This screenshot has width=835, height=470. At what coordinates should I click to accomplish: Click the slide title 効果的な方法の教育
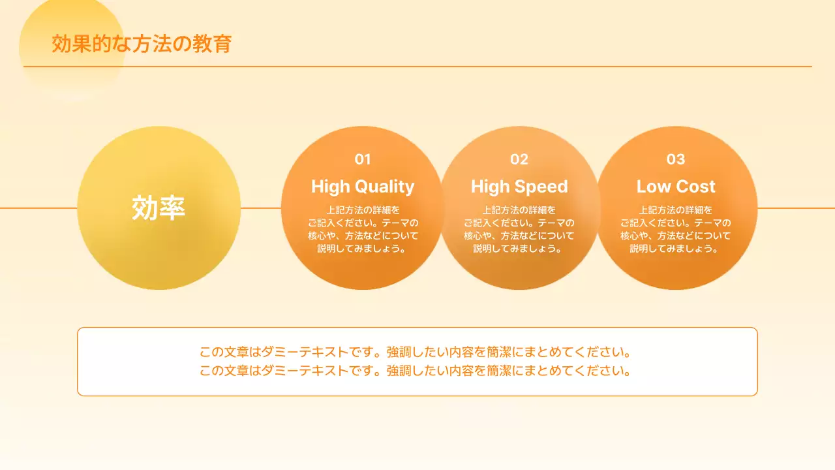click(x=142, y=44)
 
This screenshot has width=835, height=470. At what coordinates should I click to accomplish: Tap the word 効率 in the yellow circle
click(x=159, y=208)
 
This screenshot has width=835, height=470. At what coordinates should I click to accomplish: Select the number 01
click(x=362, y=159)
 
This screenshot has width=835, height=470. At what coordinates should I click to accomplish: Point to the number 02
click(x=519, y=159)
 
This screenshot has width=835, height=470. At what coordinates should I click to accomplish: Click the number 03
click(x=676, y=159)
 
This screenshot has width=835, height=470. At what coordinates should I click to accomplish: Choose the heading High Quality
click(x=362, y=187)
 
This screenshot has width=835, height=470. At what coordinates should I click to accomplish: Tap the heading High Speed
click(x=519, y=187)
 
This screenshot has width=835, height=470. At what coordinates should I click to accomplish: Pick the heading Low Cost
click(x=676, y=187)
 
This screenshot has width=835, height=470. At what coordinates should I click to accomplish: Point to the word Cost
click(x=695, y=187)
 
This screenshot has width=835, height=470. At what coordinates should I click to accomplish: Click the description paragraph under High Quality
click(x=362, y=229)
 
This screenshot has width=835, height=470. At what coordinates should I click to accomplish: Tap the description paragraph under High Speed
click(x=519, y=229)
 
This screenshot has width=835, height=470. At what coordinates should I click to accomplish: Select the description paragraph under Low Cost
click(x=676, y=229)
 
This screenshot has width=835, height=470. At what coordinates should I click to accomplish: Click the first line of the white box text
click(x=417, y=352)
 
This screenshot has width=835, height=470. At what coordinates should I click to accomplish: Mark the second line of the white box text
click(x=417, y=371)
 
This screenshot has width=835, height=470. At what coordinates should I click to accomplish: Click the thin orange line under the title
click(x=457, y=67)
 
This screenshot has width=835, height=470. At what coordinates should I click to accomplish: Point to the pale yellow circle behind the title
click(x=72, y=78)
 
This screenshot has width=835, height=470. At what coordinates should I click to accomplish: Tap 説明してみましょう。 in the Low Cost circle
click(x=676, y=249)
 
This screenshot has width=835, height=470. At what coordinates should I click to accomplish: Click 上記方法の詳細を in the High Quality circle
click(x=362, y=210)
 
